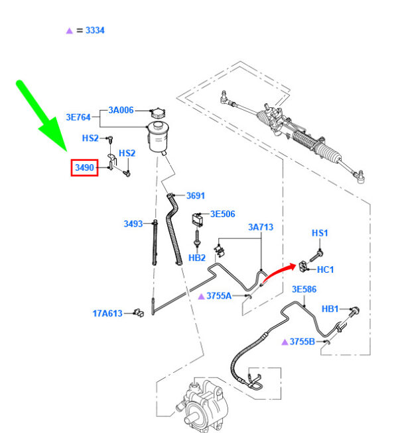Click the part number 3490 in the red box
click(84, 168)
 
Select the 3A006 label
click(121, 110)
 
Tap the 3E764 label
click(78, 117)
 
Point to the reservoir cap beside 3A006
click(158, 113)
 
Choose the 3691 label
click(196, 196)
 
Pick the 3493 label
click(133, 224)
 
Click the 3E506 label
click(223, 214)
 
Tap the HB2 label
click(197, 258)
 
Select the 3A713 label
click(261, 227)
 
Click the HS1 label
click(320, 233)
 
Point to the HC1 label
click(325, 269)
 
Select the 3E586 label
click(304, 289)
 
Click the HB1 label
click(330, 309)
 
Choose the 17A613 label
click(107, 313)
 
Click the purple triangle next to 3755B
click(285, 342)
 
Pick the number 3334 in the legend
click(95, 30)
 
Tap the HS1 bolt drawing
click(316, 256)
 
